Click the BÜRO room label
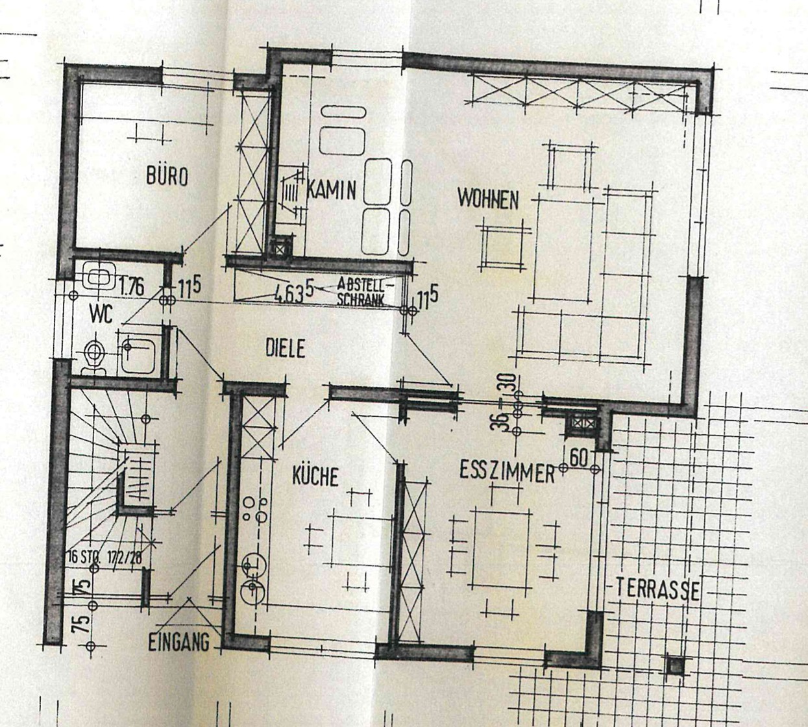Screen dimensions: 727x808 [167, 176]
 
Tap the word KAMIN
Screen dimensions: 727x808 [331, 190]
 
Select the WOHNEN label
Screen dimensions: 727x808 [488, 199]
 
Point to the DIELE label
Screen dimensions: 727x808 [285, 349]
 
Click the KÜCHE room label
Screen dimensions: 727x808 [315, 477]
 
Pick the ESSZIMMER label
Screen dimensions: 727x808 [507, 472]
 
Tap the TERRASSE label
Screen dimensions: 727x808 [657, 589]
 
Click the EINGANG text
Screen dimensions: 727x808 [179, 643]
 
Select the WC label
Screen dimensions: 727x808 [102, 315]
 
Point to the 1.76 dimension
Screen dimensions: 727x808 [132, 286]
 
